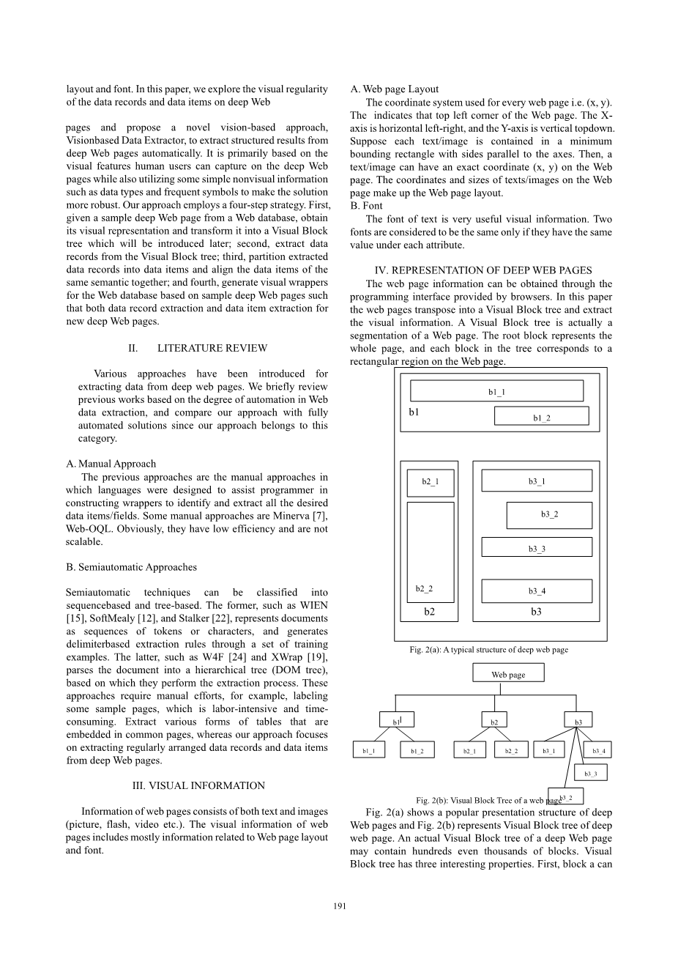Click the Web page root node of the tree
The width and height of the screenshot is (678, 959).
[507, 674]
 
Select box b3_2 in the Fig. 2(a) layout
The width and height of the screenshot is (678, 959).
[549, 514]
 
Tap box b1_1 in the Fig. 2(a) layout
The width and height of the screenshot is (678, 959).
[496, 391]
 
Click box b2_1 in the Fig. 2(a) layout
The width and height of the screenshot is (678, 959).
[431, 481]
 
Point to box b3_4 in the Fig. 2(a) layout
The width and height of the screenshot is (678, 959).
[537, 590]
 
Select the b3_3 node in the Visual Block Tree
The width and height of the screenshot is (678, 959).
[590, 773]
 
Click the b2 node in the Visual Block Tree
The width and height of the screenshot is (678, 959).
[494, 722]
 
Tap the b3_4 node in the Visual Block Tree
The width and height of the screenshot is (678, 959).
[598, 751]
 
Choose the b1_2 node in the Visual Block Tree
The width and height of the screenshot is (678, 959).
[417, 751]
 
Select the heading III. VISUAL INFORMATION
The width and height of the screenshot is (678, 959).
[198, 785]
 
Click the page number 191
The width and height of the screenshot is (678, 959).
[339, 906]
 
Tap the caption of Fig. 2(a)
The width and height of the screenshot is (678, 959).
[488, 649]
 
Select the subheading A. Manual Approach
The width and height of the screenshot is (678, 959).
[111, 464]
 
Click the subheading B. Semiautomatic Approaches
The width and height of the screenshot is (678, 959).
[131, 567]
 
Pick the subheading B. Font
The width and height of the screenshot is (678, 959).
[366, 206]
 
